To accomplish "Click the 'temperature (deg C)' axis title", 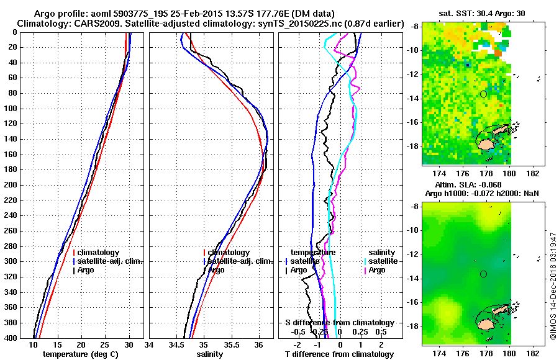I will pyautogui.click(x=81, y=354).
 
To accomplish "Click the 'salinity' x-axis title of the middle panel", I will pyautogui.click(x=211, y=354).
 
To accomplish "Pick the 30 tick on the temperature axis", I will pyautogui.click(x=129, y=345).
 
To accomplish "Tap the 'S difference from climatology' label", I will pyautogui.click(x=339, y=323).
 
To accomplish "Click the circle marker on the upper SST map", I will pyautogui.click(x=483, y=94).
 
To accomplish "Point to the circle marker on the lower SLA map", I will pyautogui.click(x=483, y=274).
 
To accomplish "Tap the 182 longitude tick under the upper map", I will pyautogui.click(x=534, y=175).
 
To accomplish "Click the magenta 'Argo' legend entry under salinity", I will pyautogui.click(x=376, y=270).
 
